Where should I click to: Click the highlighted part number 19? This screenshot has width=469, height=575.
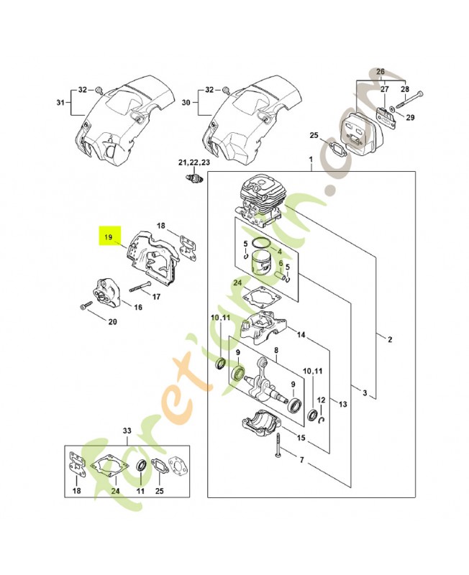pyautogui.click(x=109, y=236)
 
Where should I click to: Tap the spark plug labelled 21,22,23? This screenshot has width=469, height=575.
pyautogui.click(x=193, y=178)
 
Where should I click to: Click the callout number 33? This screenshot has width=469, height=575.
pyautogui.click(x=127, y=431)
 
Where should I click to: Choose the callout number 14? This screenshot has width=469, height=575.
pyautogui.click(x=301, y=335)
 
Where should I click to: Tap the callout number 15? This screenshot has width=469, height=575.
pyautogui.click(x=301, y=438)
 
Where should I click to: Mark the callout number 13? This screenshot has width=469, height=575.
pyautogui.click(x=342, y=405)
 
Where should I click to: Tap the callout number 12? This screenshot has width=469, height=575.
pyautogui.click(x=322, y=400)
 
